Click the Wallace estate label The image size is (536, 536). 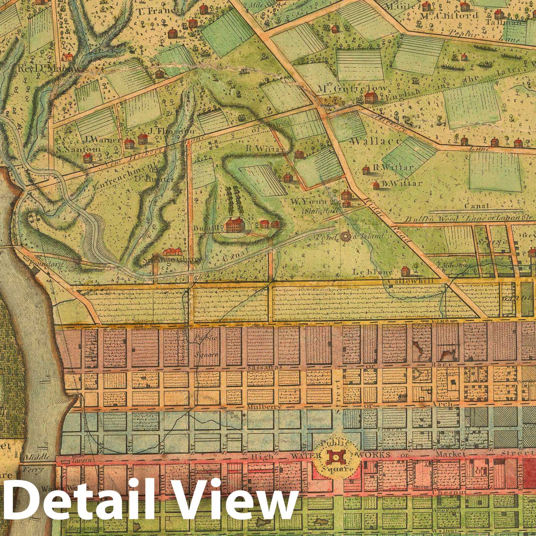coord(375,141)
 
